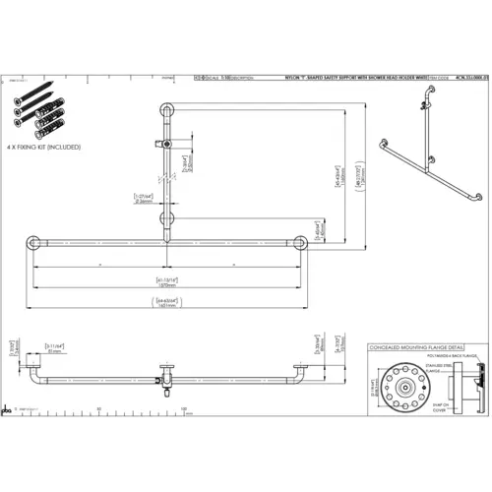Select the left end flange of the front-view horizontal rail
(x=32, y=243)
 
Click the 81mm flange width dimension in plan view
(x=54, y=348)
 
